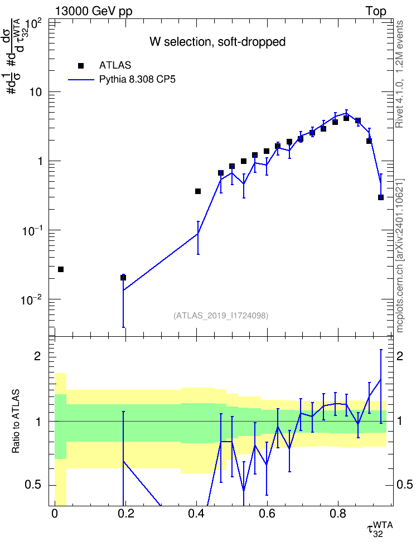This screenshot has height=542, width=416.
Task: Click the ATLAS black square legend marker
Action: (81, 66)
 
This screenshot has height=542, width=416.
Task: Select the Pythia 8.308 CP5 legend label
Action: (137, 80)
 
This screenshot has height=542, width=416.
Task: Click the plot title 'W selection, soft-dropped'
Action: (217, 42)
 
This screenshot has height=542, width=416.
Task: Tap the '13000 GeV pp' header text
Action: (94, 11)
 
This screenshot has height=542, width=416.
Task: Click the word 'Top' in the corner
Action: (376, 11)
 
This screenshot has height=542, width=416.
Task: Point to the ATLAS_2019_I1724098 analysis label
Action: (221, 316)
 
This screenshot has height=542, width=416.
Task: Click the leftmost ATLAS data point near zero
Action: (61, 269)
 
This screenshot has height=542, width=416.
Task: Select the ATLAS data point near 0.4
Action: (198, 191)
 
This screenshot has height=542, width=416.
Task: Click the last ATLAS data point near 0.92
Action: (381, 197)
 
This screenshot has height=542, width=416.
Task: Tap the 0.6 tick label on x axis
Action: (267, 514)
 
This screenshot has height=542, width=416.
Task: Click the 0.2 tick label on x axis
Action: (125, 514)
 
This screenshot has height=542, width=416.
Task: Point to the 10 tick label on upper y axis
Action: (36, 93)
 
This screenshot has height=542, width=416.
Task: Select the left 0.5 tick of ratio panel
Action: (33, 485)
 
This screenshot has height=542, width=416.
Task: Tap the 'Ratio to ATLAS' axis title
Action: (16, 422)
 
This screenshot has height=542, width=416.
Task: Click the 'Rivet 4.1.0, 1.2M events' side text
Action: (399, 74)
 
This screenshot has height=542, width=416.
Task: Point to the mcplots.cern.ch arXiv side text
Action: (400, 256)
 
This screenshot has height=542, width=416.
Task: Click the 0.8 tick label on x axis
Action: (338, 514)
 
